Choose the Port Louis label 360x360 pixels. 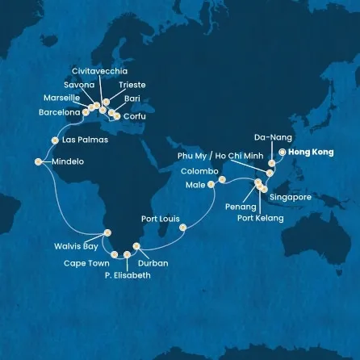(x=160, y=218)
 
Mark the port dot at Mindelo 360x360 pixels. (x=39, y=160)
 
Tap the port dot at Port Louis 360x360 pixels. (x=184, y=227)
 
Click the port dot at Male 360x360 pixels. (x=211, y=184)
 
